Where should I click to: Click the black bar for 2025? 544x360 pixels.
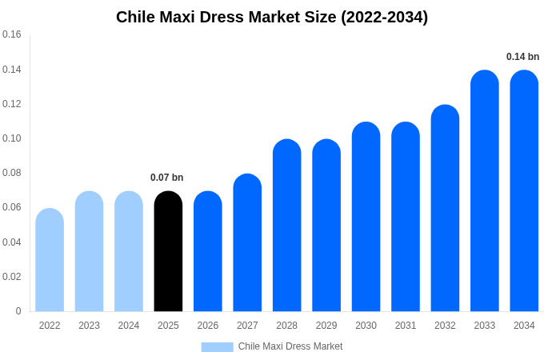pyautogui.click(x=168, y=252)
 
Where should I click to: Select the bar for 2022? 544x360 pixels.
pyautogui.click(x=50, y=260)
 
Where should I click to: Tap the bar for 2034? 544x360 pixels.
pyautogui.click(x=524, y=192)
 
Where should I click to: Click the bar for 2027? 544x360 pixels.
pyautogui.click(x=247, y=243)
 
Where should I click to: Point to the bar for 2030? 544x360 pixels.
pyautogui.click(x=366, y=217)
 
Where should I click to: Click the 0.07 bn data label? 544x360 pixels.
pyautogui.click(x=166, y=178)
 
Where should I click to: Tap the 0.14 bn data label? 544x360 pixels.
pyautogui.click(x=522, y=57)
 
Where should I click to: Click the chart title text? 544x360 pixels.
pyautogui.click(x=272, y=17)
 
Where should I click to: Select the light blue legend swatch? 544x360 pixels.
pyautogui.click(x=217, y=347)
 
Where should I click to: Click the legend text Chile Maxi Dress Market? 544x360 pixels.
pyautogui.click(x=290, y=346)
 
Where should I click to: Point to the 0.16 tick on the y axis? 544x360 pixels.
pyautogui.click(x=12, y=35)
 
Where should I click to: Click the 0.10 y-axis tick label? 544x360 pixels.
pyautogui.click(x=12, y=138)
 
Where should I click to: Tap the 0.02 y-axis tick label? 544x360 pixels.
pyautogui.click(x=12, y=277)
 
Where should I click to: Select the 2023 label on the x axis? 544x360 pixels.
pyautogui.click(x=89, y=326)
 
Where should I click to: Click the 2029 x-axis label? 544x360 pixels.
pyautogui.click(x=326, y=326)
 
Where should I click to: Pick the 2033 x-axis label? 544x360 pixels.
pyautogui.click(x=484, y=326)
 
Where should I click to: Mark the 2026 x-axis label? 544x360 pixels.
pyautogui.click(x=208, y=326)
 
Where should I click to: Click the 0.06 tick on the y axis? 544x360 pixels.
pyautogui.click(x=12, y=208)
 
